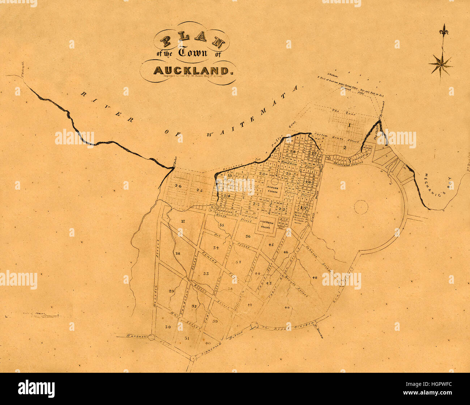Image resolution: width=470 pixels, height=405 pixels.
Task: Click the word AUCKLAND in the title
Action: pyautogui.click(x=191, y=70)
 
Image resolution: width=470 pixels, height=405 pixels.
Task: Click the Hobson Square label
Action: pyautogui.click(x=272, y=189)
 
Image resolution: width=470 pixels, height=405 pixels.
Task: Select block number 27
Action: pyautogui.click(x=183, y=221)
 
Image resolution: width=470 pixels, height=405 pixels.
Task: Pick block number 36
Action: pyautogui.click(x=248, y=236)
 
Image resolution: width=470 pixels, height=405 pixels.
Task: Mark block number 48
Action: pyautogui.click(x=314, y=278)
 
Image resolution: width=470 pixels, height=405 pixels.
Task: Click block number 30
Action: pyautogui.click(x=168, y=327)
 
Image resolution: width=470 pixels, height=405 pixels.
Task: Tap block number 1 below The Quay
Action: pyautogui.click(x=350, y=125)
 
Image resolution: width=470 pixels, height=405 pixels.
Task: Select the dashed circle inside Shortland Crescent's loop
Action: pyautogui.click(x=361, y=207)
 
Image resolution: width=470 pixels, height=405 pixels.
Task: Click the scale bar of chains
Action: pyautogui.click(x=45, y=316)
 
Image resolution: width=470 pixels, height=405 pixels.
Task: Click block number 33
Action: pyautogui.click(x=206, y=273)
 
